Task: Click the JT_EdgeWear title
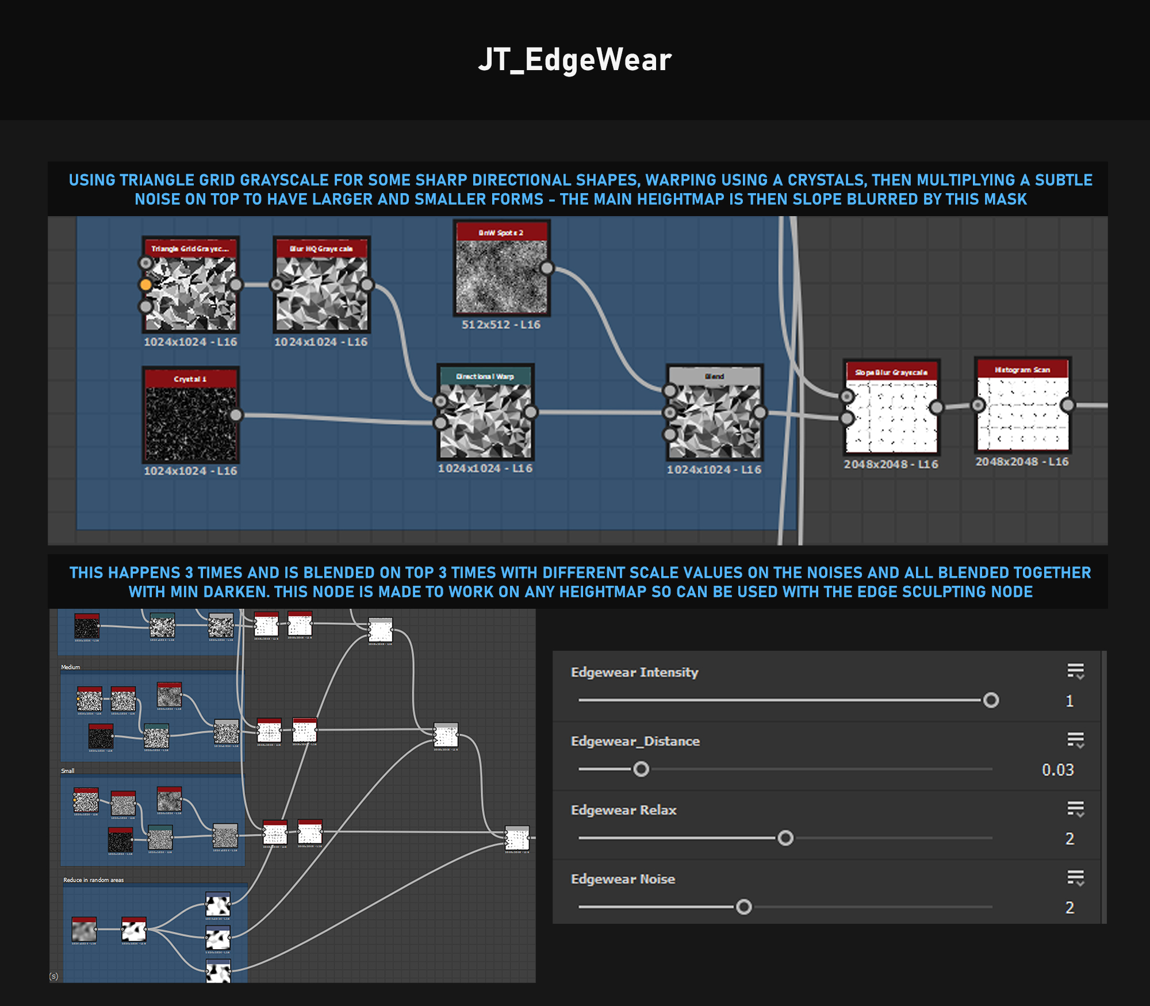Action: coord(574,60)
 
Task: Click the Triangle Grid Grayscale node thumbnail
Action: coord(190,293)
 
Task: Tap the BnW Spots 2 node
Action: coord(501,276)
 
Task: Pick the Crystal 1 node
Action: coord(190,423)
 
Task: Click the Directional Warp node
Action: coord(486,420)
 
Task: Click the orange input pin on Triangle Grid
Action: coord(145,285)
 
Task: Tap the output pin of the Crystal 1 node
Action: coord(236,415)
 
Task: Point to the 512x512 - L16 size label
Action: coord(501,325)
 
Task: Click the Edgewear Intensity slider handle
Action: coord(991,700)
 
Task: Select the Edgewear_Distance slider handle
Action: coord(641,769)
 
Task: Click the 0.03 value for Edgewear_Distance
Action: coord(1057,770)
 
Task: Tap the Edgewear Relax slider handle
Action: coord(785,838)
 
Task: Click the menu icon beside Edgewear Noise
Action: coord(1075,878)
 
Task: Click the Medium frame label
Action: coord(71,667)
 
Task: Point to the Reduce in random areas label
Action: coord(93,880)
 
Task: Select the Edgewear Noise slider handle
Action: coord(743,907)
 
